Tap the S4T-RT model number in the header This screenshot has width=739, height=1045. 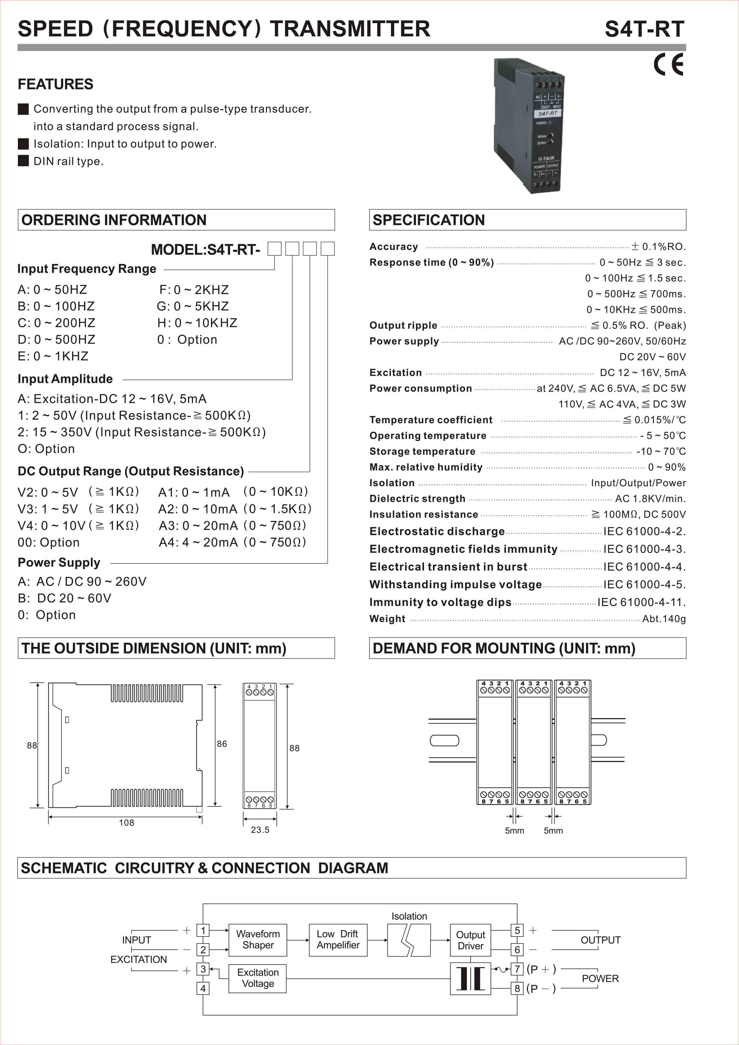(644, 29)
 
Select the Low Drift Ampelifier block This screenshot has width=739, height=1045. (338, 940)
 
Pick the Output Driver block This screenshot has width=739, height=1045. (471, 940)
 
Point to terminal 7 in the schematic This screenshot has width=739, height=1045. (517, 969)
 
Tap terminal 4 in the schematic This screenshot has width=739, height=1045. (203, 989)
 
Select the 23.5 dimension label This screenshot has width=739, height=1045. (260, 830)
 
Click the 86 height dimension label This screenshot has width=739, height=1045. (222, 744)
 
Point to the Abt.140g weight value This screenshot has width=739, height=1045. (664, 619)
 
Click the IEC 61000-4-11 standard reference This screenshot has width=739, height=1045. (641, 602)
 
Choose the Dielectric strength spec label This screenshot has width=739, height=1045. (417, 499)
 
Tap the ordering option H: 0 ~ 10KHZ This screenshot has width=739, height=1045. (197, 323)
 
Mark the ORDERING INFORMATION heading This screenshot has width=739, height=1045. (114, 220)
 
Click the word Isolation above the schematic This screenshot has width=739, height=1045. (409, 916)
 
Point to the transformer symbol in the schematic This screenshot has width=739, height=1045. (471, 978)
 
